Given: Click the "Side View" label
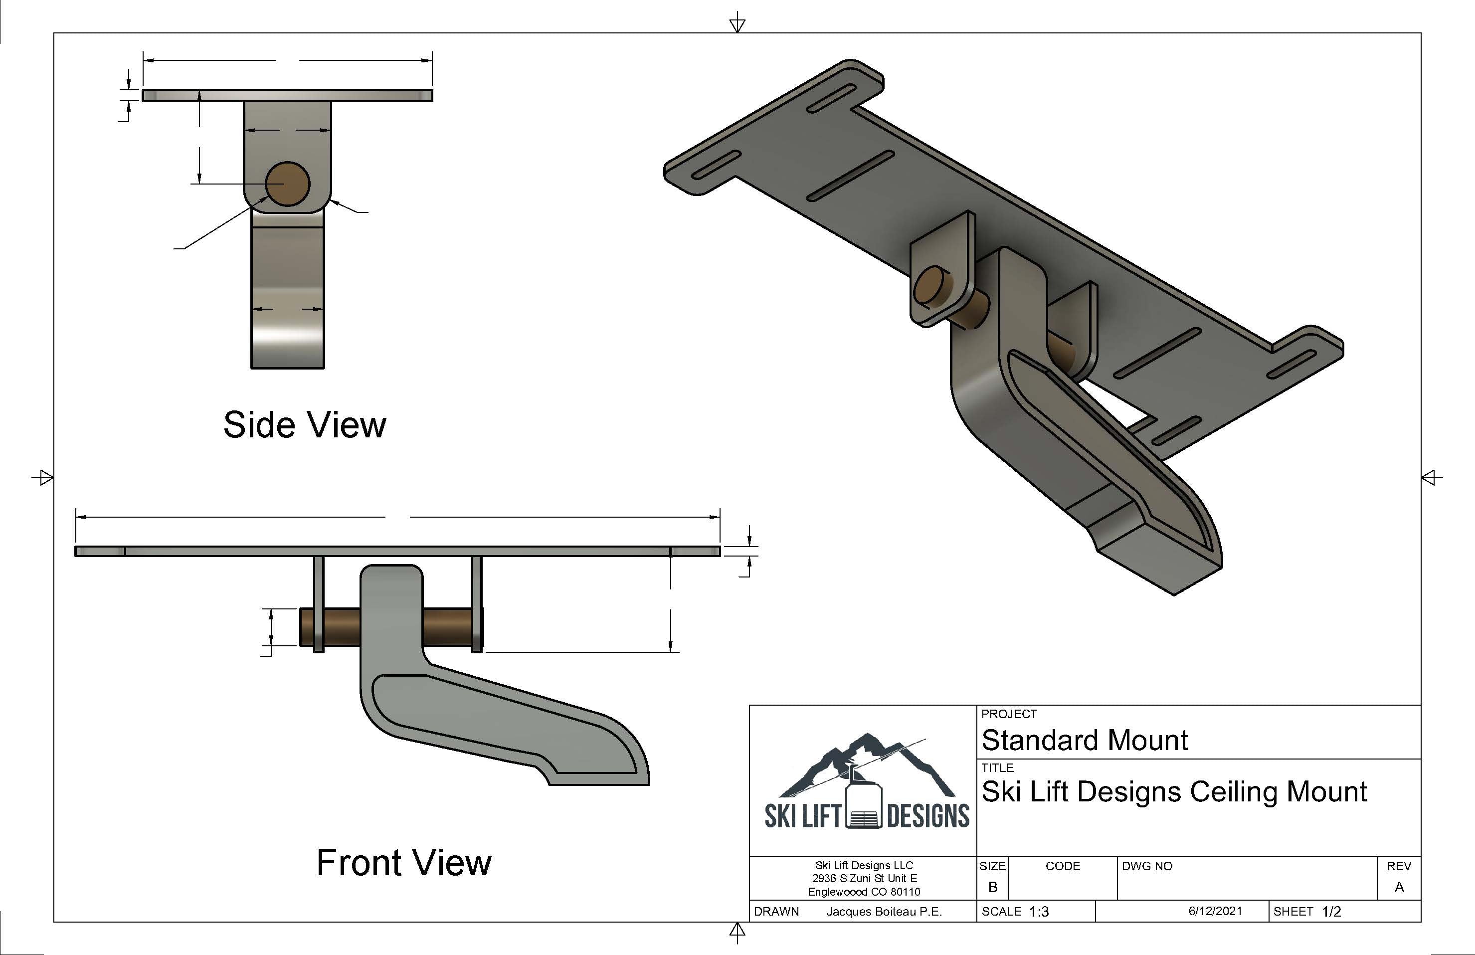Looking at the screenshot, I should pos(304,425).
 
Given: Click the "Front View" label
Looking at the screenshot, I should pos(403,863).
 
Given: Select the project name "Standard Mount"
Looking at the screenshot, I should pos(1084,740).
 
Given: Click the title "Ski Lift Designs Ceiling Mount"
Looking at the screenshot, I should pos(1174,791).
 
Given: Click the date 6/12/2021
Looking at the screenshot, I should pos(1215,911).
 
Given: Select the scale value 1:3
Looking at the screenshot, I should pos(1039,912).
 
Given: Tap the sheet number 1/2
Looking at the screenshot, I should pos(1331,912).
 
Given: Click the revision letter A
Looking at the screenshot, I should pos(1399,888).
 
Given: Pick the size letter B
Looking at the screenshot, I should pos(992,888).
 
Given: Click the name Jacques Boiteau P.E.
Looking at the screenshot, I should pos(884,912).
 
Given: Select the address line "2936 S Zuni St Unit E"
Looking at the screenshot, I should pos(864,878).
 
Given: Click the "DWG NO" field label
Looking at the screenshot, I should pos(1146,866).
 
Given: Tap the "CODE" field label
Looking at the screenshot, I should pos(1062,866).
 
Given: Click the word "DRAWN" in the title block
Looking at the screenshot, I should pos(776,912).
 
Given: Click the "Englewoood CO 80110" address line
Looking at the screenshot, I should pos(864,892).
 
